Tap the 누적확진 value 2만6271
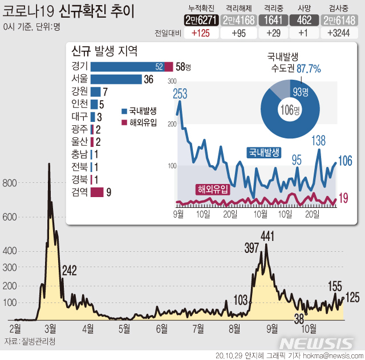coord(200,19)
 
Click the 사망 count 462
coord(305,19)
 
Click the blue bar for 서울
coord(116,79)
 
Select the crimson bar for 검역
coord(97,192)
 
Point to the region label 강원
coord(79,91)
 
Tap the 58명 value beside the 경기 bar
coord(183,67)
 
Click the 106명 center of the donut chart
coord(290,109)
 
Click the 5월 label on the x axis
coord(124,328)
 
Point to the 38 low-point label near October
coord(298,318)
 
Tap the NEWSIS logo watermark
coord(318,343)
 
